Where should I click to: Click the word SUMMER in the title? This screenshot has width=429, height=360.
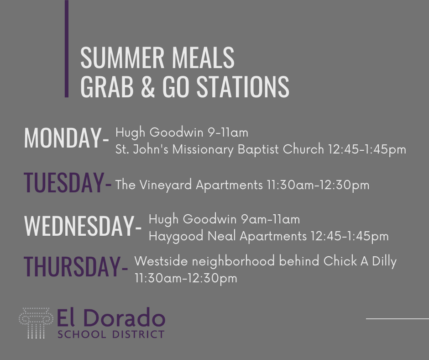[x=122, y=58]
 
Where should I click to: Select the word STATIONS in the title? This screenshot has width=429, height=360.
[x=243, y=86]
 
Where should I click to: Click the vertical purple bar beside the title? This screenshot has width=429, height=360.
[x=67, y=48]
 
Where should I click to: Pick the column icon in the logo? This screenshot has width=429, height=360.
[x=36, y=323]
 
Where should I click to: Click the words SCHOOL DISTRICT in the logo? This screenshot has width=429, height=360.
[x=111, y=334]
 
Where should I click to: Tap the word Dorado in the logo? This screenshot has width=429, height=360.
[x=126, y=318]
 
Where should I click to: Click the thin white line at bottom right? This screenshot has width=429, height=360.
[x=397, y=318]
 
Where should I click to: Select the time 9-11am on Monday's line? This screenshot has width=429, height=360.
[x=228, y=132]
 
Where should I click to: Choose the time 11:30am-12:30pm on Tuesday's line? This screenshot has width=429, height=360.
[x=318, y=185]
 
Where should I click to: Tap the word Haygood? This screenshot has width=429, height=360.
[x=176, y=236]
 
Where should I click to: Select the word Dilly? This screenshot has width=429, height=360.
[x=384, y=262]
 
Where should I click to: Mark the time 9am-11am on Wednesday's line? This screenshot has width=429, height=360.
[x=270, y=219]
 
